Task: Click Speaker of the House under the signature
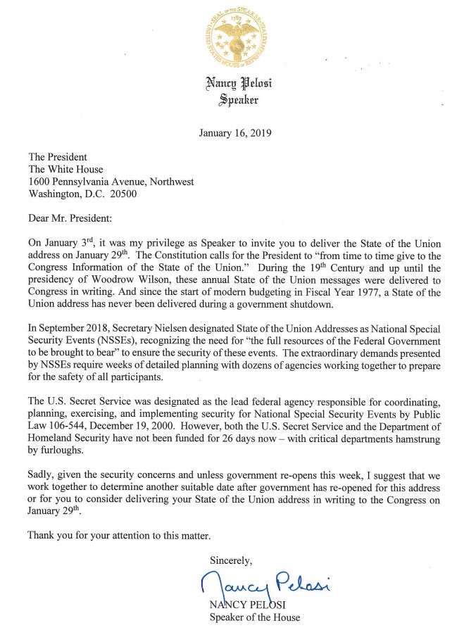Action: [x=254, y=618]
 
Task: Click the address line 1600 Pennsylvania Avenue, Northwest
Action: [x=111, y=182]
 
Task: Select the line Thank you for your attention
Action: [x=119, y=535]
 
